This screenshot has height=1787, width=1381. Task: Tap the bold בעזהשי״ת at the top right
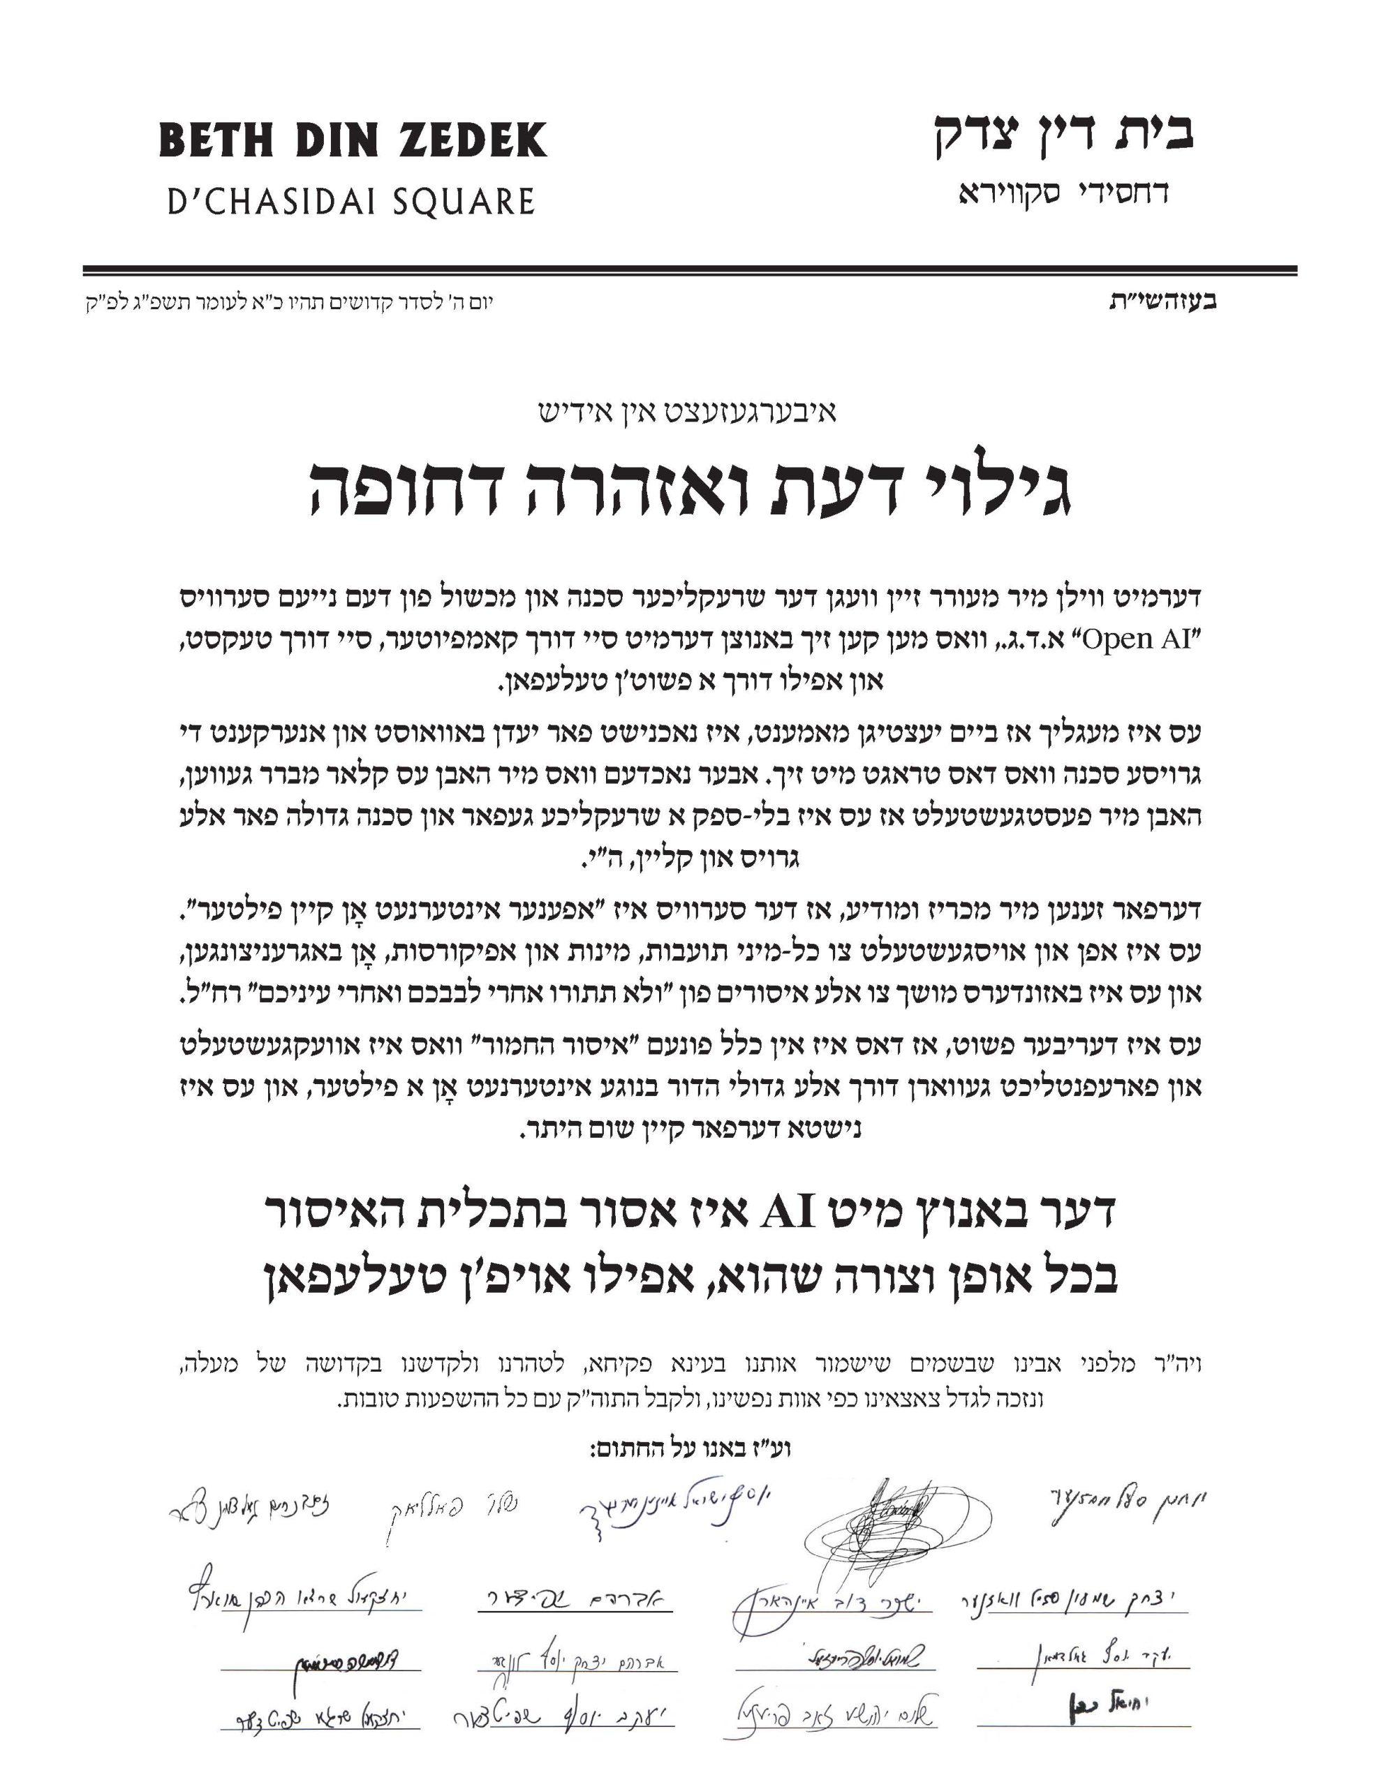[1162, 301]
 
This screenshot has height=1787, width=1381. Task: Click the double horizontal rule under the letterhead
[689, 271]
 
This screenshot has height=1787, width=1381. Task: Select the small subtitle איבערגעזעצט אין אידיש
[688, 413]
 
